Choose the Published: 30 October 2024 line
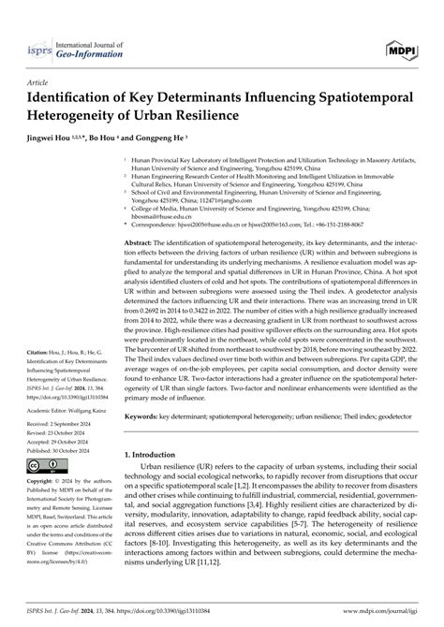pos(65,449)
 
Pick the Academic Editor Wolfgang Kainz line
pos(70,409)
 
